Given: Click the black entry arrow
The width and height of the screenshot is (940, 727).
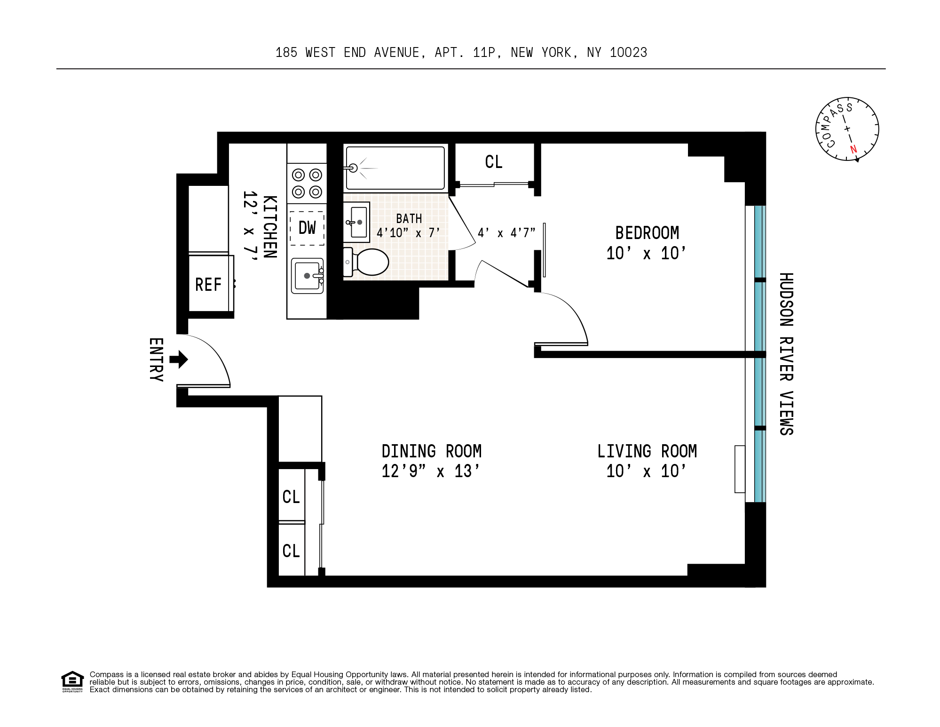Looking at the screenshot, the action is [x=179, y=360].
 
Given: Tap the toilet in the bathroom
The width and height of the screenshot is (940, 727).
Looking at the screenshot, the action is [x=366, y=262].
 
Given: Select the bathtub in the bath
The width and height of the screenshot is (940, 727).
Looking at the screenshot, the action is [x=395, y=168].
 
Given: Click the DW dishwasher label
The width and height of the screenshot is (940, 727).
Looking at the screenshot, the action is [x=307, y=228].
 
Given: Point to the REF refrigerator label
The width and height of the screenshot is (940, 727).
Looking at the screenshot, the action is [x=208, y=285].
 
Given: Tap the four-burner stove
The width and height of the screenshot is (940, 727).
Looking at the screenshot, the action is [x=307, y=184].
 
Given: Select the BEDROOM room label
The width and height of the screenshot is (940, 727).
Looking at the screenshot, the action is [x=647, y=233].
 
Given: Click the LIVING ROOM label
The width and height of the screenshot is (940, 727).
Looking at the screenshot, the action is [x=647, y=451].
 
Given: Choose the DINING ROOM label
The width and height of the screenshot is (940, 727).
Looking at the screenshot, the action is [x=432, y=451].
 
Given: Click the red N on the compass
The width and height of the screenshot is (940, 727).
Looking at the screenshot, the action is [x=853, y=150].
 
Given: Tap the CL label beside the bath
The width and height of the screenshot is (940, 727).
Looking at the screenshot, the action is [x=494, y=162].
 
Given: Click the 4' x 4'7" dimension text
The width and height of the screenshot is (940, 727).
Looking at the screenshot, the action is [x=506, y=233].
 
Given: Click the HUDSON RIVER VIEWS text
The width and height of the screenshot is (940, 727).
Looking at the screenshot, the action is [x=786, y=354].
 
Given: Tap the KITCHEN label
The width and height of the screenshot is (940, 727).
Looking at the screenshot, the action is [x=269, y=227].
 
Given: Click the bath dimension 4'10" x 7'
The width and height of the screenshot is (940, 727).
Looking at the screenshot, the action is [x=408, y=233].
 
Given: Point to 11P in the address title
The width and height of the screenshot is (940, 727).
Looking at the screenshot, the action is [x=484, y=53].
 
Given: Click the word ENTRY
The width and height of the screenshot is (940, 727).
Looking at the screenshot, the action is [x=156, y=360].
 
